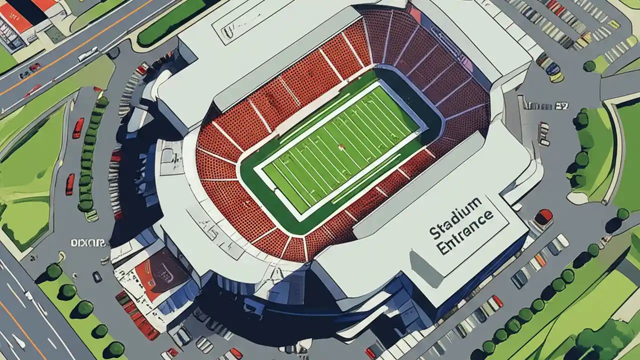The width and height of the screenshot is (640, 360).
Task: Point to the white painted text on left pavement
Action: point(88,243)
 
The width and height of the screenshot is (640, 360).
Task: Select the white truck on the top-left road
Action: point(88,53)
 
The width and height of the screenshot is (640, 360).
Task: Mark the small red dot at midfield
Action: point(341,147)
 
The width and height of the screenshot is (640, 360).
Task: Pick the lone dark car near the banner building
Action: point(97,276)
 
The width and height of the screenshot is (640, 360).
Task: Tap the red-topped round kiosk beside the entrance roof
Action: point(543,217)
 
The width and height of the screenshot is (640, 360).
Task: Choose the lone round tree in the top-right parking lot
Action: point(589,65)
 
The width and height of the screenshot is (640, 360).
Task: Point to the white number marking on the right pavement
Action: point(561,105)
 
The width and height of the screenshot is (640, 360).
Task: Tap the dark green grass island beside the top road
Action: point(170,22)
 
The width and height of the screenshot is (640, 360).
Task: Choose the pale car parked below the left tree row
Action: point(91,215)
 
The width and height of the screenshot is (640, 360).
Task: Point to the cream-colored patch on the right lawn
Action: point(577,197)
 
